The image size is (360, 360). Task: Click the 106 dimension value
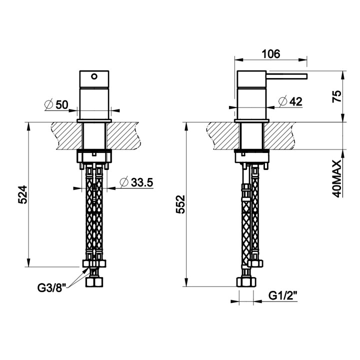271,54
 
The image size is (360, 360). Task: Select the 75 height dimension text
337,96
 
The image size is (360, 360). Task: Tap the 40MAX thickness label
337,179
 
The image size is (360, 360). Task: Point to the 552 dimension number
180,204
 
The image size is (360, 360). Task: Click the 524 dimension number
22,195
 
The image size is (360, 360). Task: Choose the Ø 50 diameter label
56,105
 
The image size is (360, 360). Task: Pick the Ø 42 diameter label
290,101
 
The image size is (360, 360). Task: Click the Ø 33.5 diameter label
136,182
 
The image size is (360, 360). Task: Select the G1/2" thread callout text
283,295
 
